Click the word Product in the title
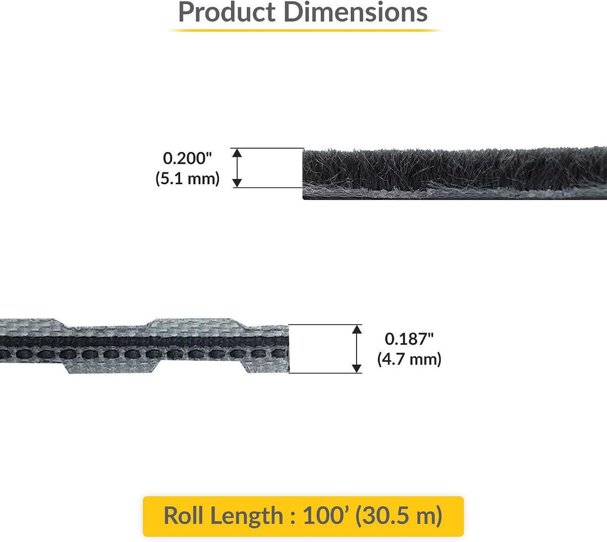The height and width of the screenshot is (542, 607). pyautogui.click(x=227, y=12)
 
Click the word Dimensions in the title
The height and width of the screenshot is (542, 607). pyautogui.click(x=356, y=12)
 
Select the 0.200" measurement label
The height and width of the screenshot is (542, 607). pyautogui.click(x=187, y=158)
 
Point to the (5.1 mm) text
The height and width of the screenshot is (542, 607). pyautogui.click(x=188, y=179)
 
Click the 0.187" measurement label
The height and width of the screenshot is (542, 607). pyautogui.click(x=409, y=339)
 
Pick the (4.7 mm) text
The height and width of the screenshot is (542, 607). pyautogui.click(x=409, y=359)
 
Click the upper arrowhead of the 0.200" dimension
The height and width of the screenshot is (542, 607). pyautogui.click(x=237, y=153)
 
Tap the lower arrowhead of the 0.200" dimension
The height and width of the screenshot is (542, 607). pyautogui.click(x=237, y=183)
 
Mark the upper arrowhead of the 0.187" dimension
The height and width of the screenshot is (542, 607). pyautogui.click(x=357, y=329)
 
